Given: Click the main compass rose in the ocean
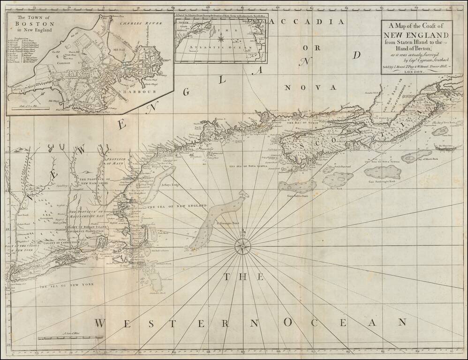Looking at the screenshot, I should pyautogui.click(x=242, y=245).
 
